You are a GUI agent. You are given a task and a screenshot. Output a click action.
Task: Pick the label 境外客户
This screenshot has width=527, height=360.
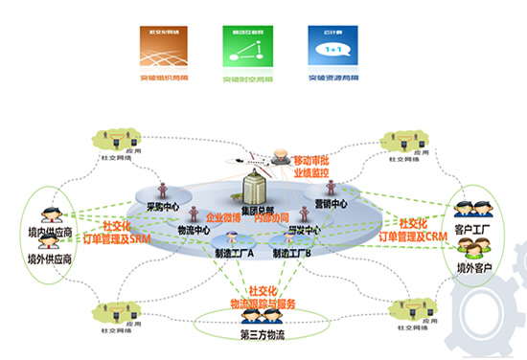[x=471, y=267]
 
